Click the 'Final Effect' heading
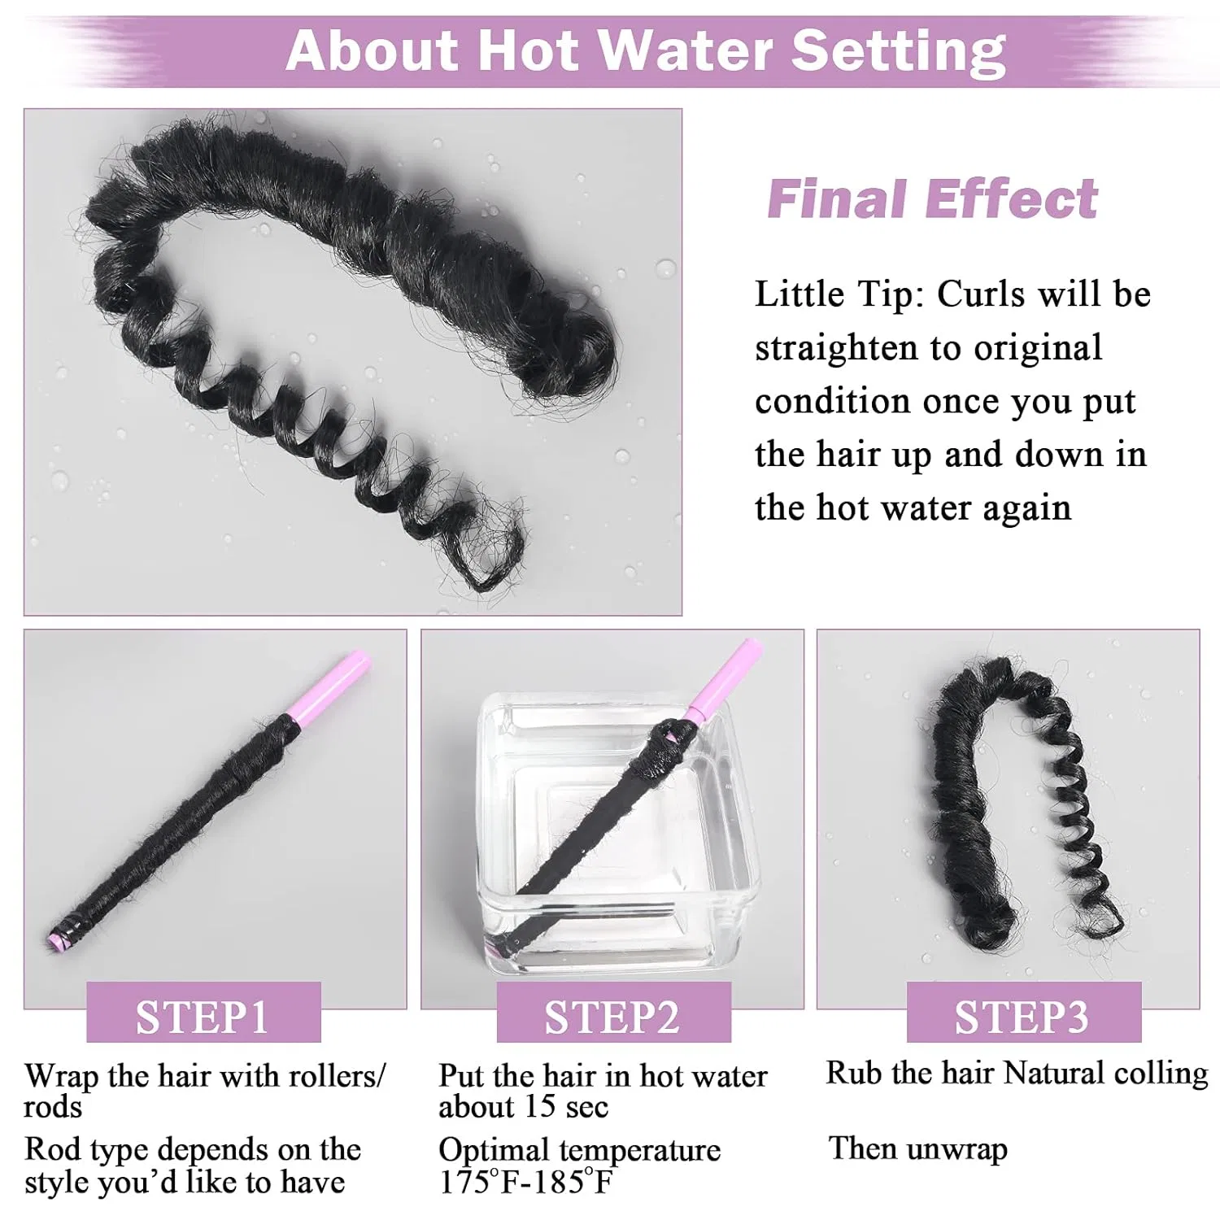coord(933,199)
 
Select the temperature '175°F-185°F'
coord(525,1182)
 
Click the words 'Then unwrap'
coord(918,1148)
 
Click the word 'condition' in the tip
coord(831,401)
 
